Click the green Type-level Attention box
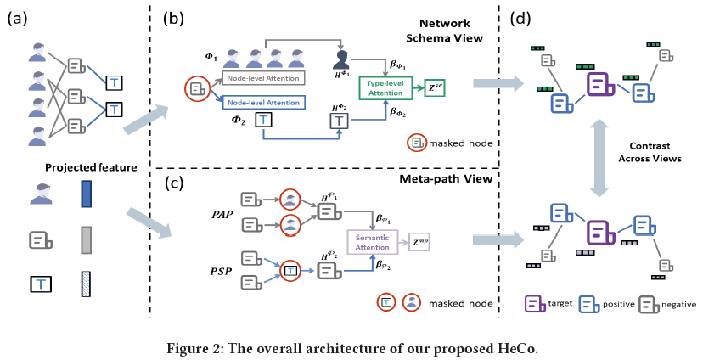[385, 87]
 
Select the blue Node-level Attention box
[263, 102]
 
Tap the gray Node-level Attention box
[263, 78]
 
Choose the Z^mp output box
[419, 243]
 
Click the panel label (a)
[17, 19]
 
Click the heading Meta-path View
[446, 178]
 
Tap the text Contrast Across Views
[650, 152]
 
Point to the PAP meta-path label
[222, 214]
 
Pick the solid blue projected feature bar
[86, 194]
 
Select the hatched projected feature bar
[86, 284]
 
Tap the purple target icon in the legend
[534, 304]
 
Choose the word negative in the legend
[678, 305]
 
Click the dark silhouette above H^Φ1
[341, 59]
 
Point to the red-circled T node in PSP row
[290, 271]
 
